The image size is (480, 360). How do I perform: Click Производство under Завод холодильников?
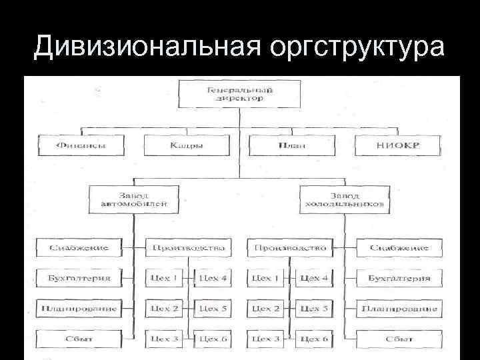(x=289, y=248)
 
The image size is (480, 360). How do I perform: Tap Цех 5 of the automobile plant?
(x=213, y=309)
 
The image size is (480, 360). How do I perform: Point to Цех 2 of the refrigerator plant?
(x=265, y=309)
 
